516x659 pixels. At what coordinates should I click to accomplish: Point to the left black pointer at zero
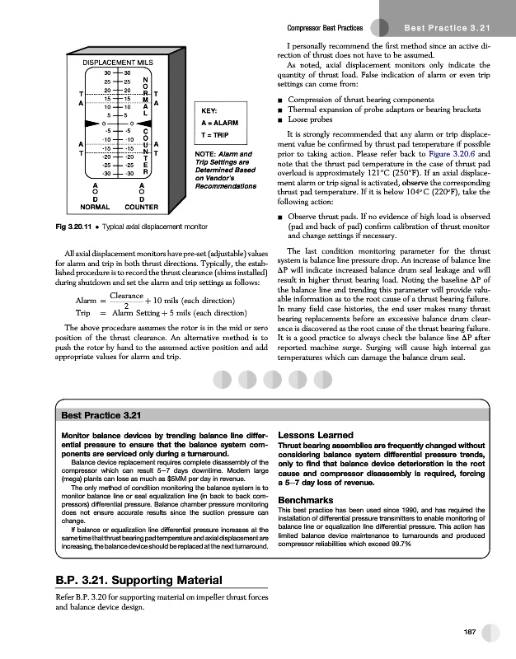pos(92,124)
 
